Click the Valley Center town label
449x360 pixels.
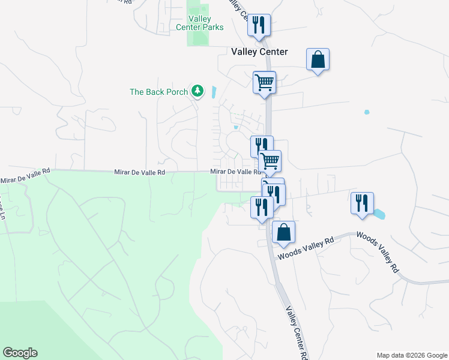[x=259, y=52]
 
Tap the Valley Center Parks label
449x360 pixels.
[x=200, y=23]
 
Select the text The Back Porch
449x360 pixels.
[x=158, y=92]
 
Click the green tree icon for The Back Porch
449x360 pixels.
[x=197, y=91]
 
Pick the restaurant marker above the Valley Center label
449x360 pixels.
[x=259, y=25]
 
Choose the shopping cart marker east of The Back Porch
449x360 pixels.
[x=264, y=82]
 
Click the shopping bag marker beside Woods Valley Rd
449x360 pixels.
[x=283, y=231]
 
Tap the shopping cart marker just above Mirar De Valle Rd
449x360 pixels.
[x=270, y=160]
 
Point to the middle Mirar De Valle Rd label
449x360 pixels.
[x=139, y=173]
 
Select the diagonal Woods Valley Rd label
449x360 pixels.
[x=378, y=253]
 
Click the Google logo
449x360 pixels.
[x=20, y=353]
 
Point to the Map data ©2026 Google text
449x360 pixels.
[x=411, y=355]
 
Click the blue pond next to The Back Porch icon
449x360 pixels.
[x=214, y=92]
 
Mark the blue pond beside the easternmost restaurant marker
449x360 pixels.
[x=379, y=213]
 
